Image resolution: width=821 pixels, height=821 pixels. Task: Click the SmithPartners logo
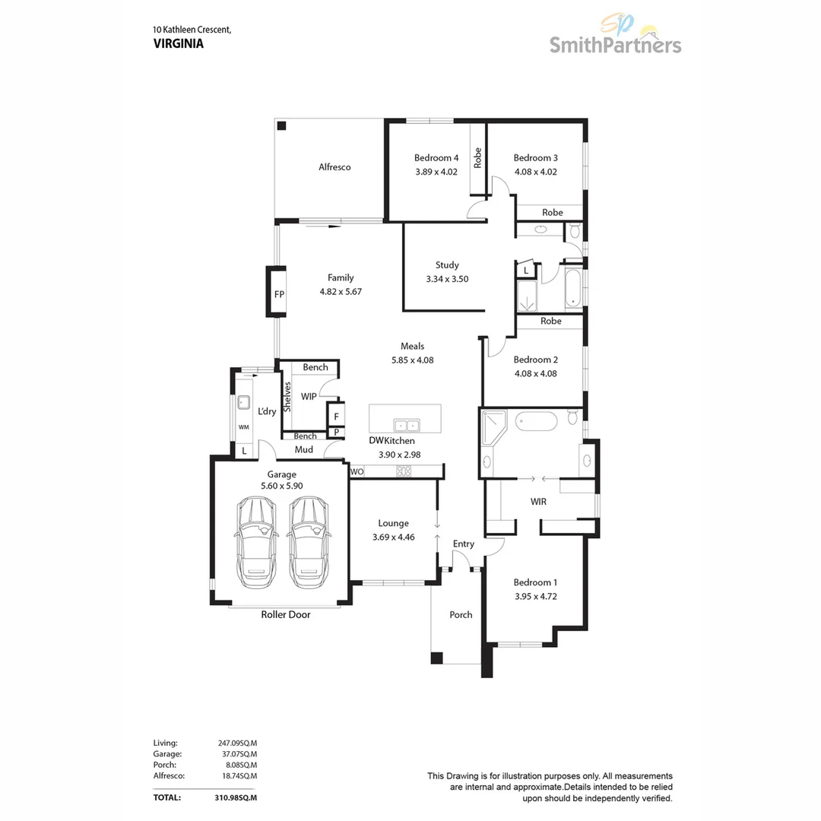point(615,38)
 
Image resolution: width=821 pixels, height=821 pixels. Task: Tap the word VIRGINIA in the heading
point(179,43)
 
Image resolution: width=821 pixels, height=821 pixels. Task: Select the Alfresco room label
point(334,167)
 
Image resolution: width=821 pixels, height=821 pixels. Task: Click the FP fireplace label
point(279,293)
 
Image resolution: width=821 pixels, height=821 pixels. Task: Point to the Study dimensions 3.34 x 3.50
point(447,279)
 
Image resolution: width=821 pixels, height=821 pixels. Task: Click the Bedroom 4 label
point(436,158)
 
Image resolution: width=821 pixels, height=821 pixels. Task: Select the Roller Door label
point(286,614)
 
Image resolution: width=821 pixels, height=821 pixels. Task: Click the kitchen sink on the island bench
point(404,425)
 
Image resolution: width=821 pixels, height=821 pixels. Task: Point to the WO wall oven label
point(357,472)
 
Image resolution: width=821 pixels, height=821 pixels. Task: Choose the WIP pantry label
point(309,397)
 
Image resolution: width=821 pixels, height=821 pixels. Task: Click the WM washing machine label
point(244,428)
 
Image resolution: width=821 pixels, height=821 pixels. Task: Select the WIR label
point(538,502)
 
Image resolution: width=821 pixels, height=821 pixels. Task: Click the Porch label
point(461,614)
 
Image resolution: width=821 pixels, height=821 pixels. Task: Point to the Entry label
point(463,544)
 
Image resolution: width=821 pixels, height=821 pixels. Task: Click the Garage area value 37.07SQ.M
point(237,753)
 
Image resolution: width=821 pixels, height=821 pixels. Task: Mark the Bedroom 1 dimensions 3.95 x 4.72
point(535,597)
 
